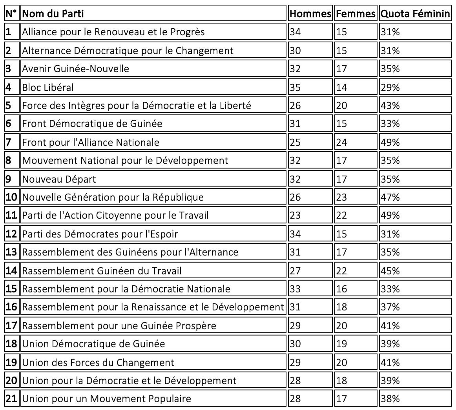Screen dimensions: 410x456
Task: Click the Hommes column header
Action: click(310, 14)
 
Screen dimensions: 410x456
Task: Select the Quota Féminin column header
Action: click(415, 14)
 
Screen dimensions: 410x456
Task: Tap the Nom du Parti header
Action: click(53, 14)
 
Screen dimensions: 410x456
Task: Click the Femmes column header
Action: click(356, 14)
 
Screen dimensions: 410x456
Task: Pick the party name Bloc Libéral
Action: click(48, 87)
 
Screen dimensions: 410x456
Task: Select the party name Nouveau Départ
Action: click(59, 179)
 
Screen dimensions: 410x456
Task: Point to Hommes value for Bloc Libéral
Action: click(295, 87)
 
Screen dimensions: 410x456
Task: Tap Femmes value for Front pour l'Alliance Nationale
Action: click(342, 142)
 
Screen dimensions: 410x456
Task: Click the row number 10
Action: click(11, 197)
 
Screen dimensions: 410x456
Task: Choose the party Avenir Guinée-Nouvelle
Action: click(75, 69)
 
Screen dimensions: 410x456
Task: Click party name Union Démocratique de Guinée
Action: click(93, 344)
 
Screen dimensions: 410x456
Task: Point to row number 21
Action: click(11, 399)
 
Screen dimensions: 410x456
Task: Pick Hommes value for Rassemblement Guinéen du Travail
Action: click(295, 270)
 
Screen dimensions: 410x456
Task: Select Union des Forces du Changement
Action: click(98, 362)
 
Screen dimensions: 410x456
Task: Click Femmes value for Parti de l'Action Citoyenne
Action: click(342, 215)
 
